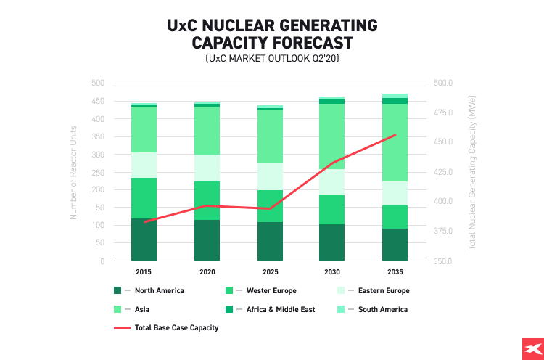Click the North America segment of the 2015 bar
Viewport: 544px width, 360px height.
[x=144, y=240]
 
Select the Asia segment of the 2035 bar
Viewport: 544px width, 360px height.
[x=395, y=142]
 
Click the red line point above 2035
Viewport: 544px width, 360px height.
[x=395, y=135]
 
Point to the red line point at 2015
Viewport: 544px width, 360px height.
[x=144, y=221]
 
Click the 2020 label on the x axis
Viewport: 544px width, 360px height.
[x=207, y=271]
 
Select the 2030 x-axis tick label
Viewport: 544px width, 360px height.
[x=331, y=271]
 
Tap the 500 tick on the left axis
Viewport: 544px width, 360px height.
[x=97, y=83]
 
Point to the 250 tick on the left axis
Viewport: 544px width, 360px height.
[x=97, y=172]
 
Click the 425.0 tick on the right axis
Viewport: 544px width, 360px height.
[x=444, y=172]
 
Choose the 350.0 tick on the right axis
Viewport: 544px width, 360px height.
[x=444, y=261]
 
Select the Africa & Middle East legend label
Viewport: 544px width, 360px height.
[x=279, y=309]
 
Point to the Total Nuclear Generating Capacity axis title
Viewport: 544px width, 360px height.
[x=472, y=172]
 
